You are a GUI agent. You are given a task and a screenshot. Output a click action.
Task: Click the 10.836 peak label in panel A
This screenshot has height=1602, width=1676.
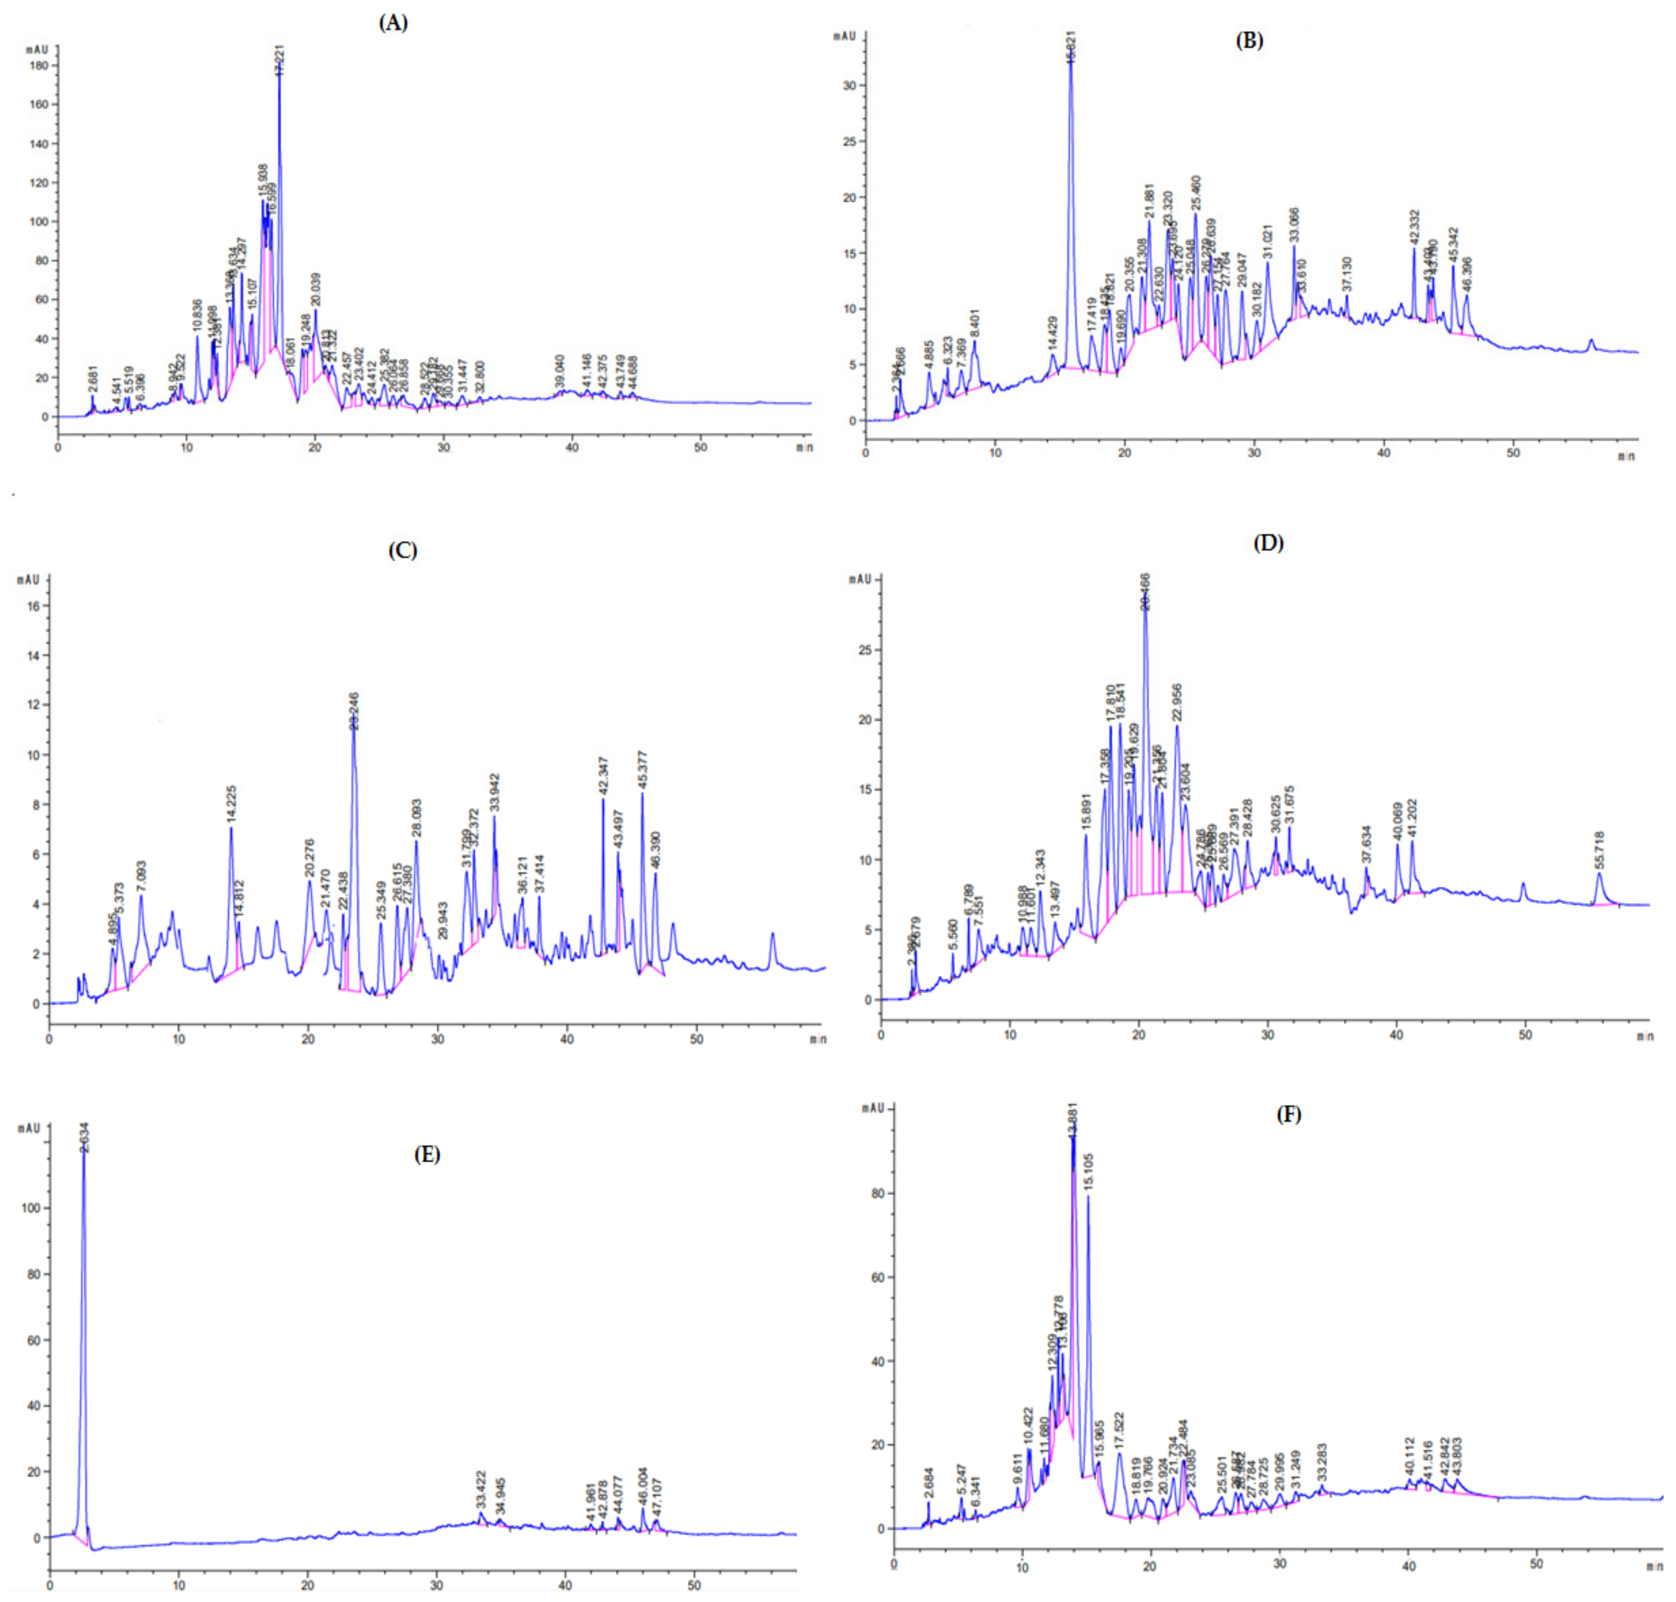point(197,316)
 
